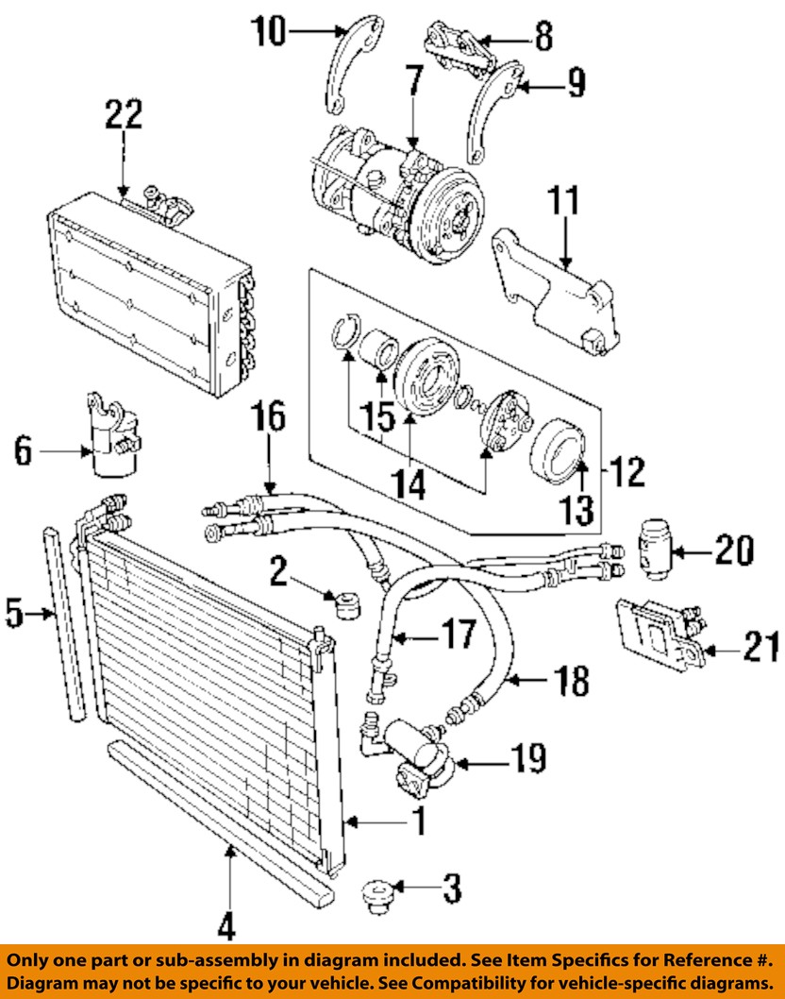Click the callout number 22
(124, 114)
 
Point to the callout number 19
(528, 758)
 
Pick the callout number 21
(760, 648)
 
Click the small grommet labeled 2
(347, 604)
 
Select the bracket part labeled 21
(660, 633)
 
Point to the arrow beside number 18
(527, 681)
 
